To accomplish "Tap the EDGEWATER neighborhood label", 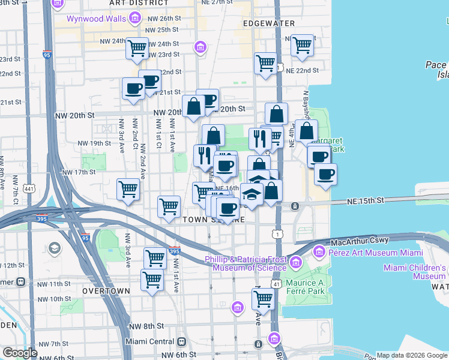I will click(269, 23).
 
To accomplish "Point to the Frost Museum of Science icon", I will click(296, 262).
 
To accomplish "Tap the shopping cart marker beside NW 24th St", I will click(137, 47).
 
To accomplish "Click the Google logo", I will click(19, 353).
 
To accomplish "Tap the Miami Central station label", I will click(148, 341).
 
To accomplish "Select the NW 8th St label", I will click(146, 326).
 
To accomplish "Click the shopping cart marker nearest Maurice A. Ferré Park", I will click(263, 298).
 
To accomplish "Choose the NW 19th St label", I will click(95, 143).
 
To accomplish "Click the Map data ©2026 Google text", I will click(412, 355).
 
